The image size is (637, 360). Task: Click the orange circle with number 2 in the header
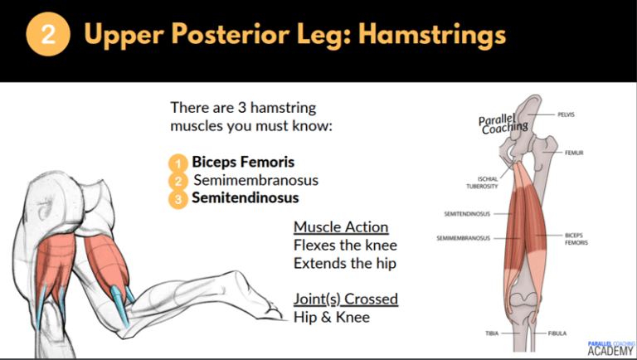point(48,36)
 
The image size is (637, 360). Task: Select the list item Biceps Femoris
point(243,162)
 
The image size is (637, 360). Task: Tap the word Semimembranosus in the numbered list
point(255,180)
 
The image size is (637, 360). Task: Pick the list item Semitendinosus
point(246,198)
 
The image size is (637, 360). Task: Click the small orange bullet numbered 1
point(177,163)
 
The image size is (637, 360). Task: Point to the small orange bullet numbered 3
point(177,199)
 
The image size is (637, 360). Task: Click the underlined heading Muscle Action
point(341,227)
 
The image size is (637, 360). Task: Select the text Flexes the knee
point(345,246)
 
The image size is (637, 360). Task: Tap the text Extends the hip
point(344,264)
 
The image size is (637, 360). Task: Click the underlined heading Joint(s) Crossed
point(346,299)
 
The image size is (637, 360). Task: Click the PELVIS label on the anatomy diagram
point(566,114)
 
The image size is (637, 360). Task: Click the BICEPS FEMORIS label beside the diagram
point(575,239)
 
